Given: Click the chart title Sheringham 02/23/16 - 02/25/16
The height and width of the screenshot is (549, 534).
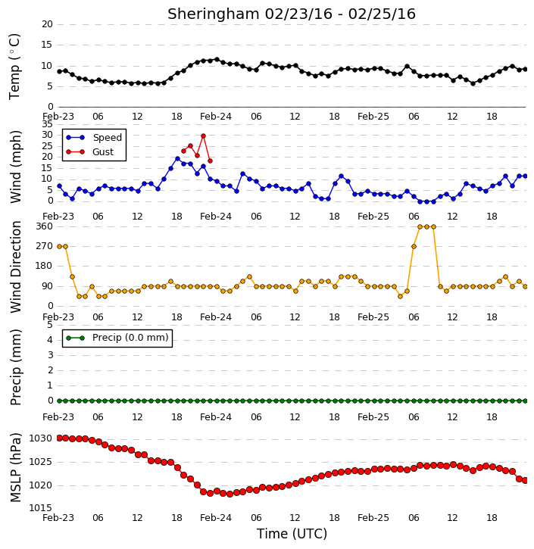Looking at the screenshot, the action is (292, 14).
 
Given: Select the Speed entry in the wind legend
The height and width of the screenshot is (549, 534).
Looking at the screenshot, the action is (94, 138).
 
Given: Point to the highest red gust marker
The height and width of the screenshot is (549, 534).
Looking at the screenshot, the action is (203, 136).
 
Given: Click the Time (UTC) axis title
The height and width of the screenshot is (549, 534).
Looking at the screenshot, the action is (292, 534).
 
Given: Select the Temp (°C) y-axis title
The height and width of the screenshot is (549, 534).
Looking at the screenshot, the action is (14, 67).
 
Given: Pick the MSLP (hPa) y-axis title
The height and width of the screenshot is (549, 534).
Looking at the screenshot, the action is (15, 467).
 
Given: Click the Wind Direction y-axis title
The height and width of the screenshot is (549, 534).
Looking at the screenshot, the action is (15, 267).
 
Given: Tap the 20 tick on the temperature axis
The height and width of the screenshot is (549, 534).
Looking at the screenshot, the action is (47, 24).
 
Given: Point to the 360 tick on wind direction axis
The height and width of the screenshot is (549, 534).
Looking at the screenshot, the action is (45, 226).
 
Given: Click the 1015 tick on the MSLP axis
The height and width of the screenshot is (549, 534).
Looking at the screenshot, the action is (40, 507).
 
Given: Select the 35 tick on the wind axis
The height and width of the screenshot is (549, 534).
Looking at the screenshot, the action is (47, 124).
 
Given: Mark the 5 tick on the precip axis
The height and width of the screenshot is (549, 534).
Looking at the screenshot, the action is (50, 325).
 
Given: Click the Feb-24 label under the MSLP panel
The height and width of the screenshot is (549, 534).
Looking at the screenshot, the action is (216, 517).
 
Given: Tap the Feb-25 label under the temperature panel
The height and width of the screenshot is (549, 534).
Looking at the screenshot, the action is (373, 117).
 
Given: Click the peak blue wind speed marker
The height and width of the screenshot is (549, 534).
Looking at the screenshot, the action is (177, 159).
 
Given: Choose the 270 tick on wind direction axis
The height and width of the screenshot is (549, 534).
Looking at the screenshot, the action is (45, 246).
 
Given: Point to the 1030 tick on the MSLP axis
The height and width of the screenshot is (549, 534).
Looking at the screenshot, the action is (40, 438).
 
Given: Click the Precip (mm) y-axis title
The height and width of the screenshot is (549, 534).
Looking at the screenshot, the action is (15, 367).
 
